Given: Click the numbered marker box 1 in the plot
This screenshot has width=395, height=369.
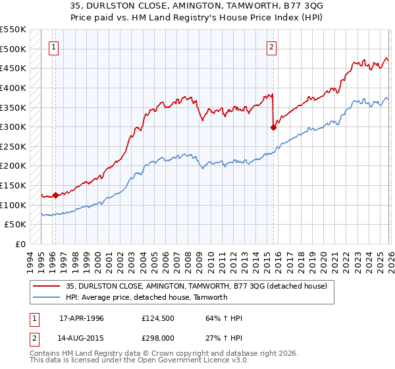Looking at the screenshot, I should click(53, 47).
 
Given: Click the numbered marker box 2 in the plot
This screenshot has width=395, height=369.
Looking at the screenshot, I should click(271, 47).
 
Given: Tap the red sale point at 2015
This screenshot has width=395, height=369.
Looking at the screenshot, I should click(273, 128).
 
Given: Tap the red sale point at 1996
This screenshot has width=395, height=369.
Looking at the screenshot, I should click(55, 195).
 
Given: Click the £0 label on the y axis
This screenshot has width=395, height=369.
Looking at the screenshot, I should click(20, 244).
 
